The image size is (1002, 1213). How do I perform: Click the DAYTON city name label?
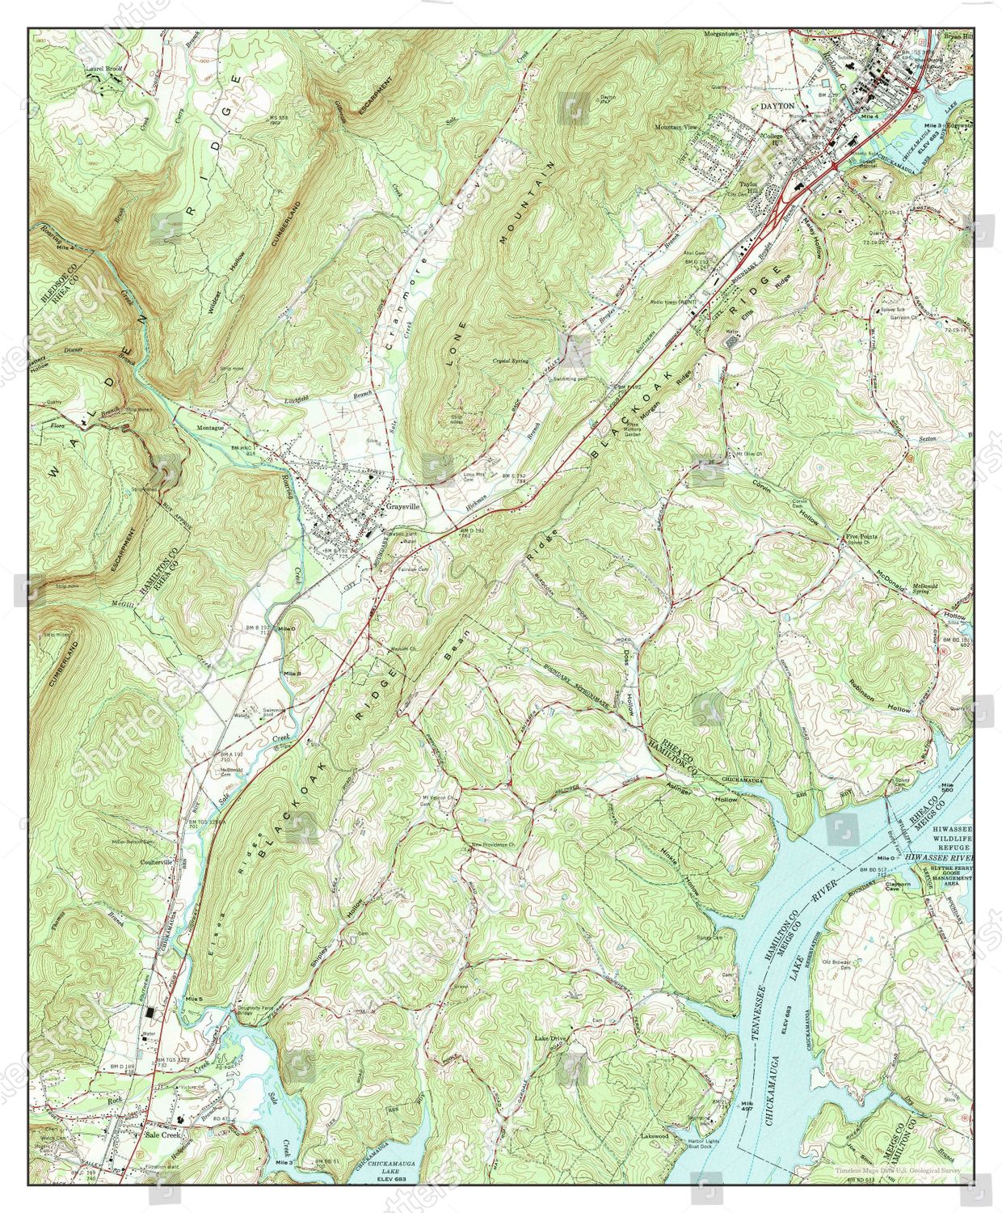point(777,106)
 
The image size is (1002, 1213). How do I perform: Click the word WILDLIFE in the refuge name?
point(955,838)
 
